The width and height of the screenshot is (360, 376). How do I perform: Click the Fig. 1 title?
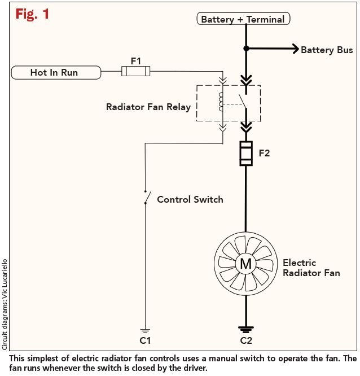coord(32,14)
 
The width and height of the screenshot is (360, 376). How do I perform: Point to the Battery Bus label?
coord(327,50)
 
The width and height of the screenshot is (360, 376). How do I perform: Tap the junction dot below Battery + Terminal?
coord(245,49)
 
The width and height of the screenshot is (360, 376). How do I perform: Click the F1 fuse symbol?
coord(135,71)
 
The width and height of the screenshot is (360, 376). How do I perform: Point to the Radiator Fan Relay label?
coord(148,107)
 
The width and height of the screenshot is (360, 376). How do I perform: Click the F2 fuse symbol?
coord(245,153)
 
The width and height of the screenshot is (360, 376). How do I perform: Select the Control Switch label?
coord(190,199)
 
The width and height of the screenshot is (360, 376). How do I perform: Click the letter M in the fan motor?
coord(245,264)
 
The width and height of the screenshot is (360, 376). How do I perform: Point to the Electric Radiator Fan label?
coord(311,268)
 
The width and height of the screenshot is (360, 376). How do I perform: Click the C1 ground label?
coord(145,340)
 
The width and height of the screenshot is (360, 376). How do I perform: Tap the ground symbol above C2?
coord(245,328)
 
